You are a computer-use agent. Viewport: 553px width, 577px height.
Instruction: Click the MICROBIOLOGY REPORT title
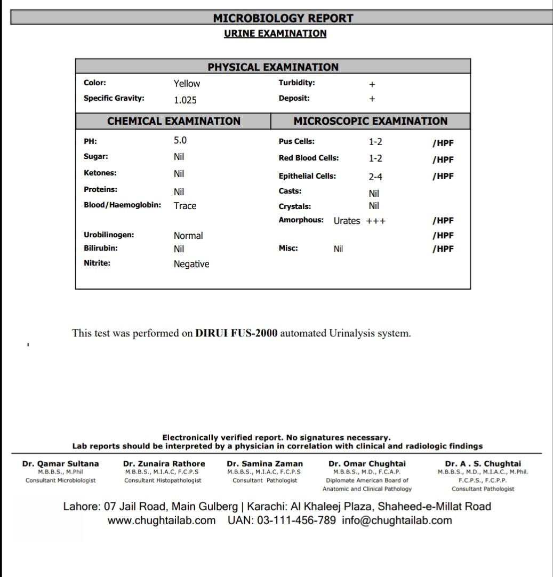click(283, 18)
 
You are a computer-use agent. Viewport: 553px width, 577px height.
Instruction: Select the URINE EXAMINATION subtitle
click(275, 34)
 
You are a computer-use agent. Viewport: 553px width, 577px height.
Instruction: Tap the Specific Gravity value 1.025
click(185, 100)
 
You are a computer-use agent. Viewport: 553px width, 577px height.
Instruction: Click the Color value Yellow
click(187, 84)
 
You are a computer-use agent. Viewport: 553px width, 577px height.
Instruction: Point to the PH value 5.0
click(180, 141)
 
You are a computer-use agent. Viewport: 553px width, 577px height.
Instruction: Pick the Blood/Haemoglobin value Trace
click(185, 206)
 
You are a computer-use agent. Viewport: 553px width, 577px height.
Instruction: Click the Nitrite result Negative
click(191, 264)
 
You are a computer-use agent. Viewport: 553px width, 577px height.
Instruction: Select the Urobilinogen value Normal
click(188, 236)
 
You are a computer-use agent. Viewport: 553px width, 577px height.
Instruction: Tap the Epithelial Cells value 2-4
click(375, 177)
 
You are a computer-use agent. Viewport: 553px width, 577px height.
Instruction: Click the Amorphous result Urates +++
click(359, 221)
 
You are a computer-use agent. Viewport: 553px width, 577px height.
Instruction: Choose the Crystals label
click(295, 207)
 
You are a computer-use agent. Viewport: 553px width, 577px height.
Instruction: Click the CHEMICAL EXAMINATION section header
click(174, 121)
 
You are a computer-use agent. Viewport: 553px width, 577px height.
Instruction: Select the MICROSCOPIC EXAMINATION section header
click(371, 121)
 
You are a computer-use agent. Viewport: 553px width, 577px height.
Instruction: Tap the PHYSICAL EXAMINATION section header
click(273, 67)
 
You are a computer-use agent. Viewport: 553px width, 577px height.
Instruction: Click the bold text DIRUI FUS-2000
click(236, 334)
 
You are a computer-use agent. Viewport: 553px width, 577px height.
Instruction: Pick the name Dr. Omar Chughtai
click(367, 464)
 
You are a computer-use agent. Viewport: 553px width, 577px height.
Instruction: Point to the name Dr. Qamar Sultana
click(60, 464)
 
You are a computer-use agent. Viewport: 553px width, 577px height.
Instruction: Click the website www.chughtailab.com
click(162, 520)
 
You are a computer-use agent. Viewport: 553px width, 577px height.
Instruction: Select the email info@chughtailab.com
click(397, 520)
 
